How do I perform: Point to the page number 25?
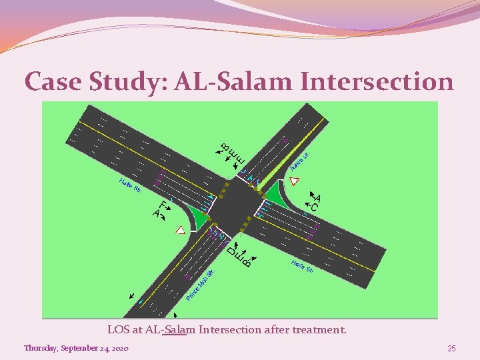[451, 349]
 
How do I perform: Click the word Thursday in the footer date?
[42, 349]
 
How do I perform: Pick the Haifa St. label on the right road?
[302, 267]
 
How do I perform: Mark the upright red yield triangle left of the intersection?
[180, 230]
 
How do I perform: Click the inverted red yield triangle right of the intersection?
[295, 181]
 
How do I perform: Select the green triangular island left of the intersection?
[197, 215]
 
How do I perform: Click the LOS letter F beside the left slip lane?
[163, 205]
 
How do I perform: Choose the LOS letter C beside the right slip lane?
[314, 207]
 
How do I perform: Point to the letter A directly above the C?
[317, 198]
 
